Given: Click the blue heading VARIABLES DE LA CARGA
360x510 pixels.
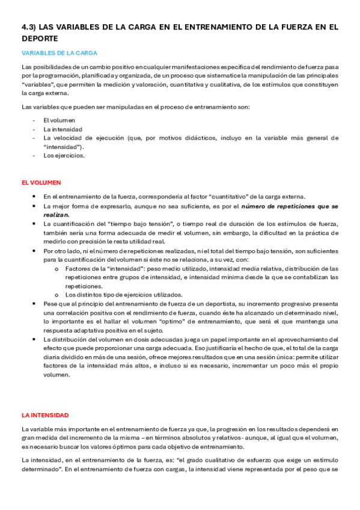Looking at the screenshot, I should [x=59, y=53].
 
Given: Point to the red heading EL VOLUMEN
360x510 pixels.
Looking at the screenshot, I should [x=41, y=182].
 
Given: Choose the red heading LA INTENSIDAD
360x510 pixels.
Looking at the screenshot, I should [x=45, y=415].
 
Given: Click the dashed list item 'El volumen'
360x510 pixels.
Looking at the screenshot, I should [x=59, y=120].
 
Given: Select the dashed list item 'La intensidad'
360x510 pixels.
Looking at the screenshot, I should [x=63, y=129].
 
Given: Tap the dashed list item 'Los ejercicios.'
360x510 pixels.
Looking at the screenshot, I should [x=64, y=155].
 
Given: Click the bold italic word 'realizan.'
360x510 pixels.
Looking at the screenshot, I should [x=56, y=214].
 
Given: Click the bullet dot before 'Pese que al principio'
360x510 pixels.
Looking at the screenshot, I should [x=36, y=305].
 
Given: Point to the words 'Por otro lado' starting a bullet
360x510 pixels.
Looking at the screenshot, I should [x=59, y=251].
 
